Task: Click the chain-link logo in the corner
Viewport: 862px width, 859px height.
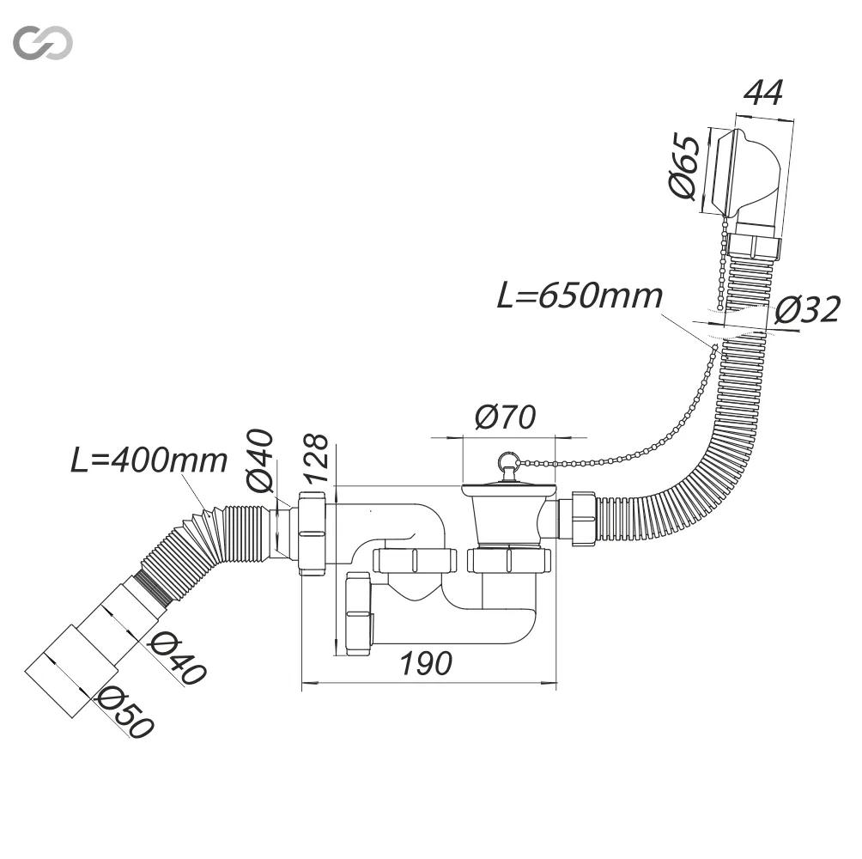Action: click(x=43, y=42)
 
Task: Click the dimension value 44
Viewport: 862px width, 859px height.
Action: click(x=763, y=93)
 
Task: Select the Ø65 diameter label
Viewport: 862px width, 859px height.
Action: click(x=684, y=166)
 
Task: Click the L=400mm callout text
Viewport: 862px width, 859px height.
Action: click(x=149, y=460)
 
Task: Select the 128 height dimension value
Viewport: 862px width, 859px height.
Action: click(x=316, y=459)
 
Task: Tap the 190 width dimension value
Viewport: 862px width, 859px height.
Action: click(x=426, y=662)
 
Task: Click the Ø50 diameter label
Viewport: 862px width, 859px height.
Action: click(x=124, y=712)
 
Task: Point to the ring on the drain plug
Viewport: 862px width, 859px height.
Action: click(x=507, y=460)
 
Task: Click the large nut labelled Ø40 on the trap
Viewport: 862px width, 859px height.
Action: click(x=313, y=534)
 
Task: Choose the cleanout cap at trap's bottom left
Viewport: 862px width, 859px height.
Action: click(x=359, y=613)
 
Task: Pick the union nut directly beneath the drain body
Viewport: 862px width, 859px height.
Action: click(x=508, y=560)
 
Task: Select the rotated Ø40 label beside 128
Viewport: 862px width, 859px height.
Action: click(x=260, y=460)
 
